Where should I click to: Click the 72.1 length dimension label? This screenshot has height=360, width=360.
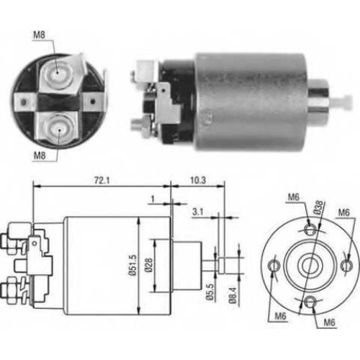(102, 181)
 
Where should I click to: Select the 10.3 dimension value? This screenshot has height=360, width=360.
(198, 181)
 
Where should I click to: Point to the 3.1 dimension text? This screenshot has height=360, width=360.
(197, 212)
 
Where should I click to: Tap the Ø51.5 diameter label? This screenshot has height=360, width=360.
(133, 265)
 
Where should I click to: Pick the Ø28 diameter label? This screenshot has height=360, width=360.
(148, 265)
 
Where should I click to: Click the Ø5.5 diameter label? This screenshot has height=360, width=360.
(210, 292)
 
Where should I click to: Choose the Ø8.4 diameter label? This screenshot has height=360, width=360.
(233, 295)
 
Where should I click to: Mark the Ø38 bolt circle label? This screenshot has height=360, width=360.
(318, 207)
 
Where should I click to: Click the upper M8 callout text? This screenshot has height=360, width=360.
(39, 35)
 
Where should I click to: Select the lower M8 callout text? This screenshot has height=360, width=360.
(40, 156)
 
